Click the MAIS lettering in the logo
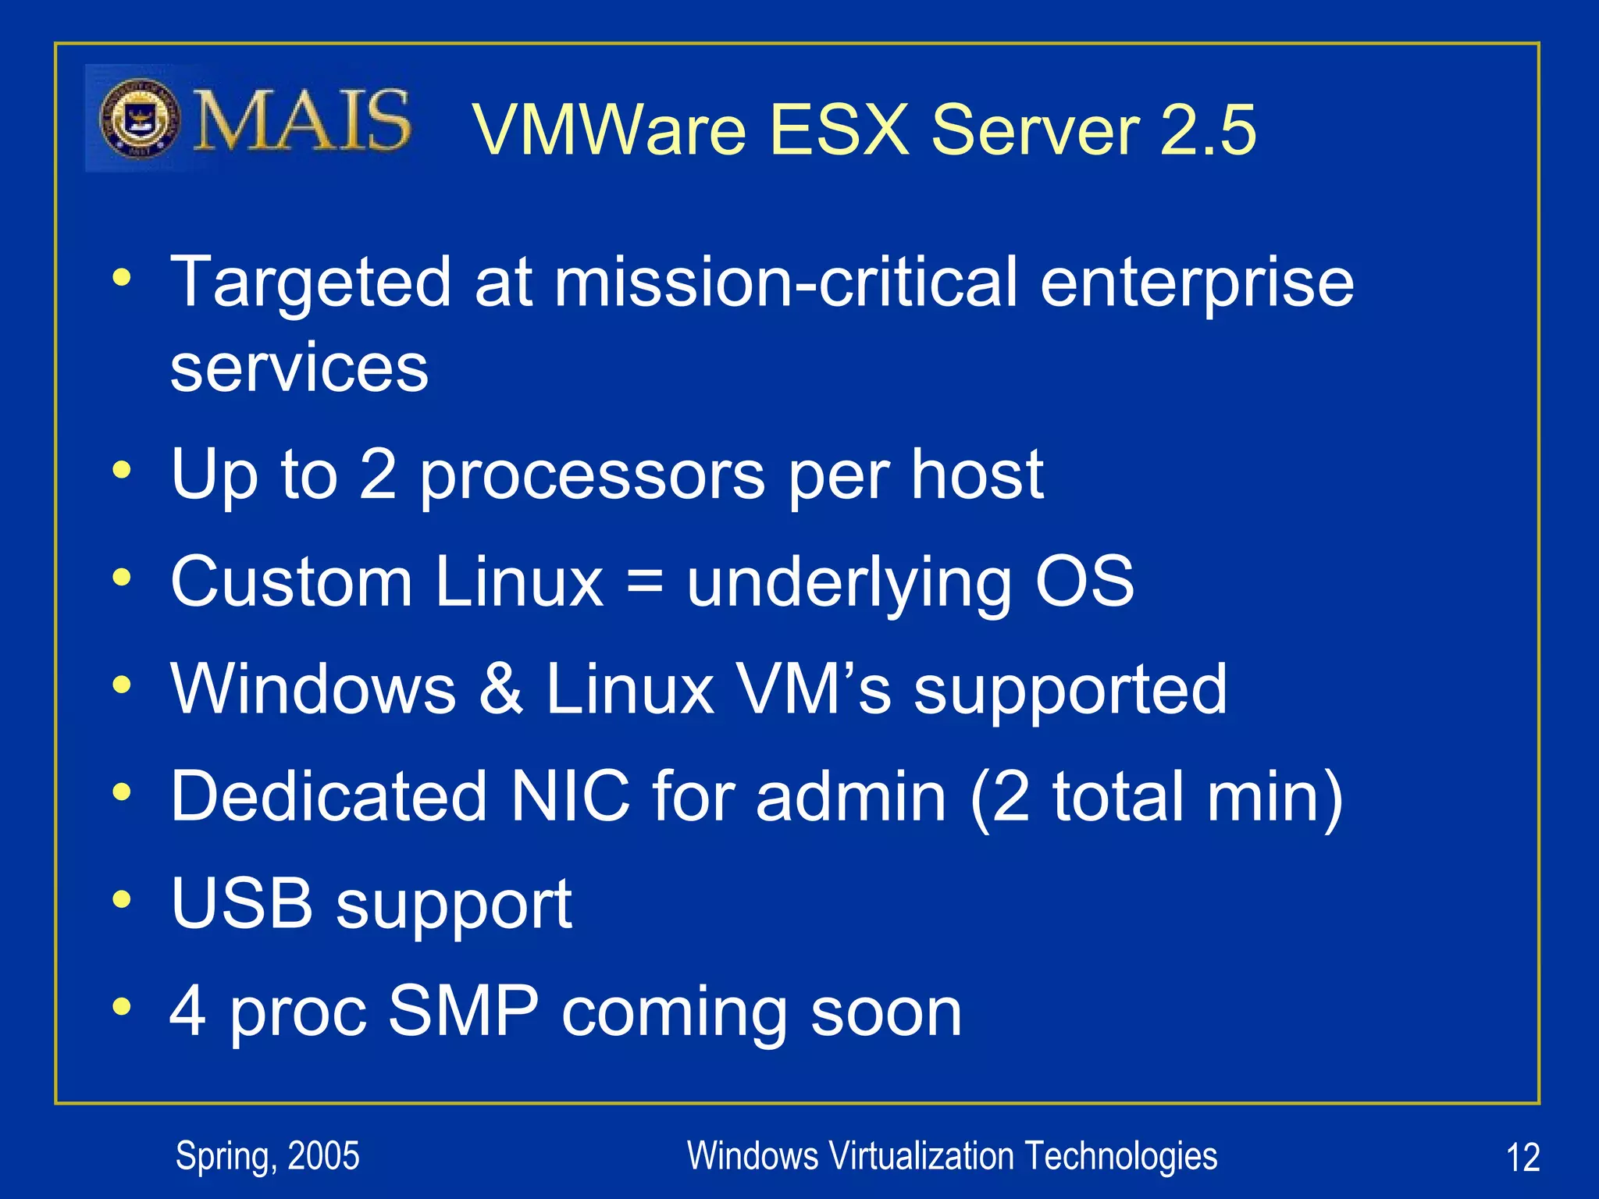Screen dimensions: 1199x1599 click(x=301, y=120)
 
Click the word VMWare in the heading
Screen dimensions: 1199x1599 click(x=609, y=130)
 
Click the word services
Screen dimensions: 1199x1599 click(x=299, y=368)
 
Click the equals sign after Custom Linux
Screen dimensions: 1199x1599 click(x=645, y=582)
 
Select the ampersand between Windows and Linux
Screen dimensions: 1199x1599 click(x=500, y=688)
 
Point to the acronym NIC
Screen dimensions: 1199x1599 click(x=569, y=796)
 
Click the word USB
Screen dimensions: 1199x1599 click(x=242, y=903)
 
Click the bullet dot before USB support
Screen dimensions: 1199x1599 click(x=121, y=899)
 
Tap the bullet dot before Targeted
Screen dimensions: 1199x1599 click(x=121, y=277)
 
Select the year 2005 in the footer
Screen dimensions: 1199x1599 click(x=323, y=1156)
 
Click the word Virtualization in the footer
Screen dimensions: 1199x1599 click(x=921, y=1156)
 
